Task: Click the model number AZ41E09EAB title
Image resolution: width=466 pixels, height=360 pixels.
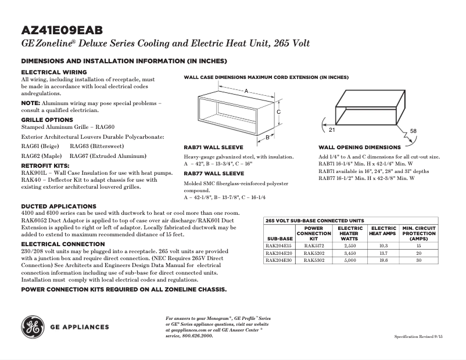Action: pyautogui.click(x=62, y=30)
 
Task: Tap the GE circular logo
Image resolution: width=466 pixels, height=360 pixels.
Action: pyautogui.click(x=33, y=326)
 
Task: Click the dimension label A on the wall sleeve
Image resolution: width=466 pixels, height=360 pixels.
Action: pyautogui.click(x=246, y=91)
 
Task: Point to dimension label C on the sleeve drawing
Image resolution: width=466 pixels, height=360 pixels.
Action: pyautogui.click(x=279, y=111)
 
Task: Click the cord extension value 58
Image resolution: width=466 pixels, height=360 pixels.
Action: pyautogui.click(x=413, y=131)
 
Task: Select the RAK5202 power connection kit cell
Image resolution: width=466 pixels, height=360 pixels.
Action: pyautogui.click(x=318, y=253)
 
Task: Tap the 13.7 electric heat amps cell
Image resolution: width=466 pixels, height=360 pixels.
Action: pyautogui.click(x=383, y=253)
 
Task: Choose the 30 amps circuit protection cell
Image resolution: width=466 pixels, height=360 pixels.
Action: pyautogui.click(x=418, y=260)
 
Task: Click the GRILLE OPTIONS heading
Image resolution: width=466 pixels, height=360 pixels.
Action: pyautogui.click(x=47, y=120)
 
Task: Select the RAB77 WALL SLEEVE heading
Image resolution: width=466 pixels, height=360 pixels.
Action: pyautogui.click(x=214, y=173)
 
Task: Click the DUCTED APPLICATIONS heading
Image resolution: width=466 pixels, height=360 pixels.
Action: pyautogui.click(x=59, y=206)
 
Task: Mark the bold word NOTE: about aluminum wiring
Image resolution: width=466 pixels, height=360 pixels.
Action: pyautogui.click(x=30, y=103)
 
